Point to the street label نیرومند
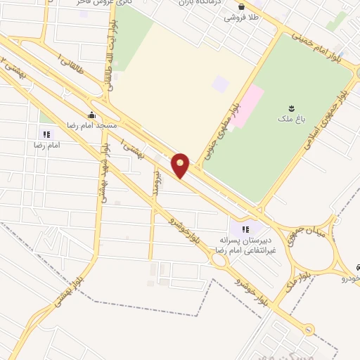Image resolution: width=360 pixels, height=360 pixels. coord(157,184)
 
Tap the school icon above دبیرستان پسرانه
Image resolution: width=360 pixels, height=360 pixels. coord(245,229)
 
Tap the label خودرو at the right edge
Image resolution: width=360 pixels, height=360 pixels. coord(350,278)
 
